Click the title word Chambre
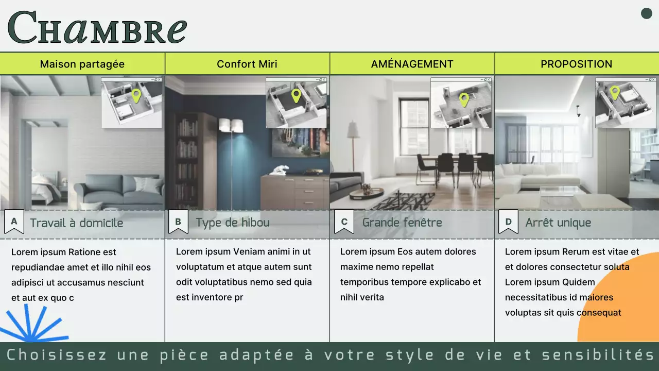pos(97,28)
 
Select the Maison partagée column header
pos(82,64)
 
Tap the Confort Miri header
pos(247,64)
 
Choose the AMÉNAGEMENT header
pos(412,64)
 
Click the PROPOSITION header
pos(576,64)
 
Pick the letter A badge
pos(14,222)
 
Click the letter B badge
pos(178,222)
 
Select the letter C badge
pos(344,222)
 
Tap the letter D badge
pos(508,222)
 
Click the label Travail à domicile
pos(76,223)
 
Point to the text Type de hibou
pos(232,223)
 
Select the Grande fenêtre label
pos(402,223)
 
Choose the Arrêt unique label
pos(558,223)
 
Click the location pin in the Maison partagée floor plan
pos(136,95)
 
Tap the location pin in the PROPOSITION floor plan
pos(614,92)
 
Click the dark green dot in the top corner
pos(646,14)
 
